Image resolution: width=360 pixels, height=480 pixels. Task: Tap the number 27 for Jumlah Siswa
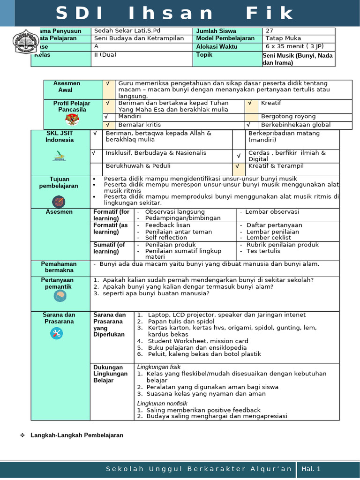pyautogui.click(x=269, y=31)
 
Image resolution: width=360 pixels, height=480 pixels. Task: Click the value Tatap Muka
pyautogui.click(x=283, y=38)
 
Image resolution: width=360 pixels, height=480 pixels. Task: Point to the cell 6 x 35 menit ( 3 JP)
pyautogui.click(x=294, y=46)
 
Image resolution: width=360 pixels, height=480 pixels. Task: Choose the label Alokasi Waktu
pyautogui.click(x=217, y=46)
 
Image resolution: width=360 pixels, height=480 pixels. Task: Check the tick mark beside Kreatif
pyautogui.click(x=250, y=103)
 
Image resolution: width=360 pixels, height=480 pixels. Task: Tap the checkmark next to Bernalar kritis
pyautogui.click(x=107, y=125)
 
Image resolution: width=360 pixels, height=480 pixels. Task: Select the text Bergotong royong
pyautogui.click(x=288, y=116)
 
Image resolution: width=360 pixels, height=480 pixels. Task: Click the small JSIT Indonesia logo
pyautogui.click(x=60, y=156)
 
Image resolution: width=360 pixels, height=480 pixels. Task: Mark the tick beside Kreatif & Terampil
pyautogui.click(x=238, y=166)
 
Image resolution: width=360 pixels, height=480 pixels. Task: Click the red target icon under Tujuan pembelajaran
pyautogui.click(x=60, y=202)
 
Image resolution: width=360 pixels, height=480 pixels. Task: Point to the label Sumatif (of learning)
pyautogui.click(x=109, y=248)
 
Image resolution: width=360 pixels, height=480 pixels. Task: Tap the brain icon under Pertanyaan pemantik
pyautogui.click(x=60, y=295)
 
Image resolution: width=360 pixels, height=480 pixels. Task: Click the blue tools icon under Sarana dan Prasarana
pyautogui.click(x=59, y=333)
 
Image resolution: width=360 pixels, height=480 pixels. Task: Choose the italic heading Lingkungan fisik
pyautogui.click(x=159, y=367)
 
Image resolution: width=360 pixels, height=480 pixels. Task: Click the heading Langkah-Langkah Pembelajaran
pyautogui.click(x=77, y=435)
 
